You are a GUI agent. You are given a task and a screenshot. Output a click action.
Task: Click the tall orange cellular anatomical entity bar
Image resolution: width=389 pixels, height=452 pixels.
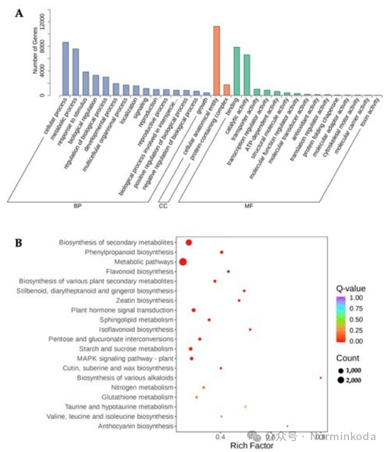[x=216, y=61]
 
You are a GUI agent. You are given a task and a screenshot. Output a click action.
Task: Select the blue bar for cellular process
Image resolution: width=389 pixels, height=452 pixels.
[x=65, y=69]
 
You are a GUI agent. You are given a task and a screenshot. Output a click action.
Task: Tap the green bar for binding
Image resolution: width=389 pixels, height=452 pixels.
[x=237, y=71]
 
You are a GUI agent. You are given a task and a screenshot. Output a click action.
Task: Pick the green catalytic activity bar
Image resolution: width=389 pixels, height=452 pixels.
[x=247, y=75]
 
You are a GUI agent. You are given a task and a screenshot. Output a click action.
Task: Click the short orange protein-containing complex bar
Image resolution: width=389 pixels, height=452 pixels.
[x=226, y=90]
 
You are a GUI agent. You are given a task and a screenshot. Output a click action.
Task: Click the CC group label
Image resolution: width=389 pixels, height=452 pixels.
[x=163, y=205]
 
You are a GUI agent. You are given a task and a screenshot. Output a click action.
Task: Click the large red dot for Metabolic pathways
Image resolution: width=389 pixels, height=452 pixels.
[x=183, y=262]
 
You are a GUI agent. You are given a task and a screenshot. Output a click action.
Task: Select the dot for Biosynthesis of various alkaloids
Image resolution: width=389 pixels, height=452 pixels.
[x=321, y=378]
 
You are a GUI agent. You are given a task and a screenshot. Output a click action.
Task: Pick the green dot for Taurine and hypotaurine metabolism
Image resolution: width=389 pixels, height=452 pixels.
[x=245, y=407]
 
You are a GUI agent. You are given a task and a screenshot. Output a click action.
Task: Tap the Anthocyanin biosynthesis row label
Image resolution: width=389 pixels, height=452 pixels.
[x=136, y=426]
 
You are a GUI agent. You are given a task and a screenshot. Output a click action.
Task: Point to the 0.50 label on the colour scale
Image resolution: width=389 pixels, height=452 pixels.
[x=356, y=319]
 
